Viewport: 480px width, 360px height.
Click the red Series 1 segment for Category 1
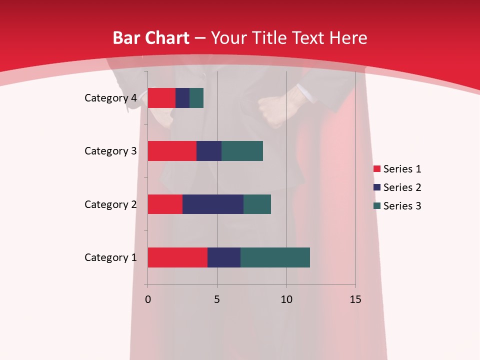(x=177, y=257)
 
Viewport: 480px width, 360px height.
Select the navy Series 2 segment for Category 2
(x=213, y=204)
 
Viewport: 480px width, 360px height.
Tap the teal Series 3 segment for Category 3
(x=242, y=151)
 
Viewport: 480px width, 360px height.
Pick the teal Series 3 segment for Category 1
(x=275, y=257)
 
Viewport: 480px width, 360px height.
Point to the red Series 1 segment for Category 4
(x=161, y=98)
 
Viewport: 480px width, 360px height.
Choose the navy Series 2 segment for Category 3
(x=209, y=151)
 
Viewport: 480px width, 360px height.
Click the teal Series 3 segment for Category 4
(x=196, y=98)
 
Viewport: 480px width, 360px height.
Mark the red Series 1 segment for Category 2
(x=165, y=204)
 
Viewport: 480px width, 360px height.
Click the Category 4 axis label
(x=110, y=98)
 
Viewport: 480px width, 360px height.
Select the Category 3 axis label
(x=110, y=151)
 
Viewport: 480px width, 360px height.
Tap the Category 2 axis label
(x=110, y=204)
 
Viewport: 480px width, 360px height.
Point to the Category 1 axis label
(x=110, y=257)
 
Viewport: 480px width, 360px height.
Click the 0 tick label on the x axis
(x=147, y=299)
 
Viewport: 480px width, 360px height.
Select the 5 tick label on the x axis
(x=217, y=299)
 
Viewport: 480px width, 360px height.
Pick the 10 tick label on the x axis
(x=286, y=299)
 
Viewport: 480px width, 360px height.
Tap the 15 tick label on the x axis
(x=355, y=299)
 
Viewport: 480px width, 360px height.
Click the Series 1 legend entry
(x=397, y=169)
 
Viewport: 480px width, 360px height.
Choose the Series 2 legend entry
(x=397, y=187)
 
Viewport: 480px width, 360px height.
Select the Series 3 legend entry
(x=397, y=206)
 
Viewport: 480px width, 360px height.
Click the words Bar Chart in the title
(x=151, y=38)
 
